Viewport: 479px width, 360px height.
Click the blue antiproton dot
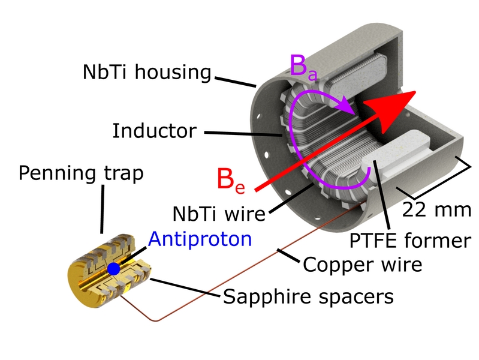point(114,269)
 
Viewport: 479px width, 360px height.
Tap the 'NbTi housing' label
point(147,72)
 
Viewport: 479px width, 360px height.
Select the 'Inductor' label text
point(154,131)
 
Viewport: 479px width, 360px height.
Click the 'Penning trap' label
point(81,173)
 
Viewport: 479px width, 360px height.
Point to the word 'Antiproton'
point(200,239)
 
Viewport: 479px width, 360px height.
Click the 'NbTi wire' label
point(219,213)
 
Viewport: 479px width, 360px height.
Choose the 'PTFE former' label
point(410,241)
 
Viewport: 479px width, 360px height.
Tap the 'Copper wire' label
point(363,265)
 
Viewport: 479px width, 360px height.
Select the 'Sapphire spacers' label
point(308,296)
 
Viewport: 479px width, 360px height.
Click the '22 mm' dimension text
point(436,210)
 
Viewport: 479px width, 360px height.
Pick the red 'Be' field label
point(231,180)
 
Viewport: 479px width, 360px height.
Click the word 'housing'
point(173,72)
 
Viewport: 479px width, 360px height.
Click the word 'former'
point(438,241)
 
